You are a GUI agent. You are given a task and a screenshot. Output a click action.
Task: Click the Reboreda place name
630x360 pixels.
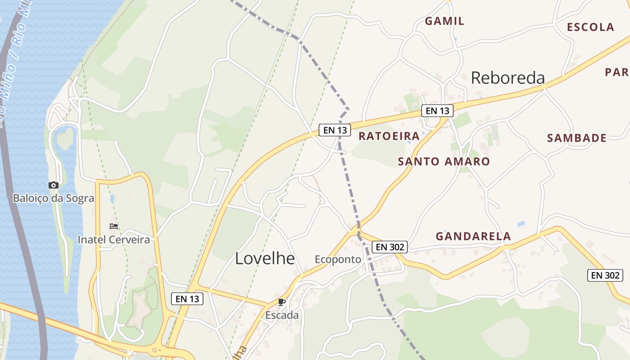(x=508, y=78)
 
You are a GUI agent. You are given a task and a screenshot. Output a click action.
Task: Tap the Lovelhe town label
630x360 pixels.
(x=265, y=258)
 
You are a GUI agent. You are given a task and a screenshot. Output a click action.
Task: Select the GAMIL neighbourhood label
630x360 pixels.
(x=444, y=21)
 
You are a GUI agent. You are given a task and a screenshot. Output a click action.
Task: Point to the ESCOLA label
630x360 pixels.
(x=590, y=27)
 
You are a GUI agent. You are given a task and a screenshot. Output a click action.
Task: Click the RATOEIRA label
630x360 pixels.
(x=389, y=136)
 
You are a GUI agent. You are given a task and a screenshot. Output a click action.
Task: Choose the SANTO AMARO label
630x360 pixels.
(x=444, y=162)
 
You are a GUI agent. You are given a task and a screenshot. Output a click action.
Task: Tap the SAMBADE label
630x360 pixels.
(x=576, y=138)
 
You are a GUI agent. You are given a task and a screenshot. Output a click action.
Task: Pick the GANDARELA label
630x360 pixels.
(x=473, y=236)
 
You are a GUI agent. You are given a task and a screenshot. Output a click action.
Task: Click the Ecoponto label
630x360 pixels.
(x=338, y=259)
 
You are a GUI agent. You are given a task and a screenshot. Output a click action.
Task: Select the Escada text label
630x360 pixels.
(x=282, y=315)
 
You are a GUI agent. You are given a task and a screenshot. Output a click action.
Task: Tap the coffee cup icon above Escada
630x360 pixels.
(x=282, y=302)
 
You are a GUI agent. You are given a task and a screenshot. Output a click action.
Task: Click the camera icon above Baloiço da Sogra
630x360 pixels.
(x=54, y=185)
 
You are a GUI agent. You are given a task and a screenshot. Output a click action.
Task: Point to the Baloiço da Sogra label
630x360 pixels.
(x=54, y=198)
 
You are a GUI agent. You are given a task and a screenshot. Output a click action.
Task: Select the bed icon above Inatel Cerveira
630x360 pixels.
(x=114, y=226)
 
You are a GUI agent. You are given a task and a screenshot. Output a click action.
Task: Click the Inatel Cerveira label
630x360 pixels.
(x=114, y=239)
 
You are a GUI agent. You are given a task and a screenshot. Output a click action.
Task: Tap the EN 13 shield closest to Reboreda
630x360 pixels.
(x=437, y=111)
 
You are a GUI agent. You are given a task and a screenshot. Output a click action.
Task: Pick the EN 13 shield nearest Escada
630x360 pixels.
(x=187, y=298)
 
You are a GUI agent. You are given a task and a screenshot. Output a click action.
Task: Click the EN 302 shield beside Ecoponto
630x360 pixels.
(x=390, y=247)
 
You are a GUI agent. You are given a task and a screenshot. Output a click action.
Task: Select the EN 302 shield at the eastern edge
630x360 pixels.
(x=605, y=275)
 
